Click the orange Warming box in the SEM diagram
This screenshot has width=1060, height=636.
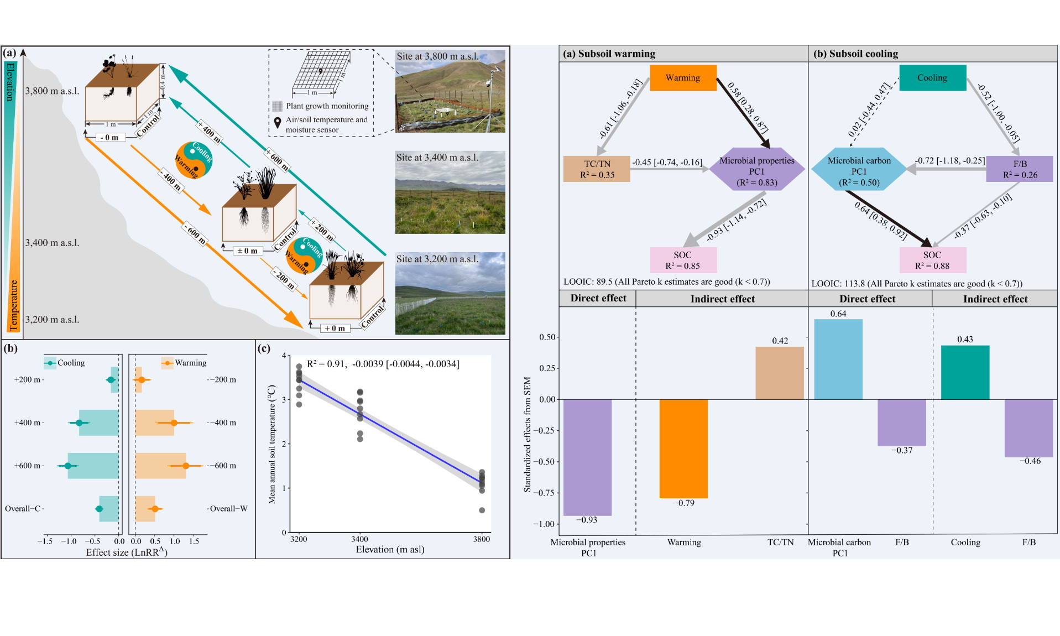coord(683,78)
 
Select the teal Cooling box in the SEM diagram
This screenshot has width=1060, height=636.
coord(932,78)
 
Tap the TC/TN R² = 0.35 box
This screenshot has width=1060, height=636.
coord(597,169)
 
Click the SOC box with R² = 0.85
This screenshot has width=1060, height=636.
coord(683,260)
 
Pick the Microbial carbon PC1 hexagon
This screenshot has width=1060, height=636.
coord(859,169)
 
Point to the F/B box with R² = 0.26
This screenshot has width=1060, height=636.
coord(1020,169)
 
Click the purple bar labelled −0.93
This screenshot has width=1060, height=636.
coord(587,457)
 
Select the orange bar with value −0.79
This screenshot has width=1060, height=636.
coord(683,448)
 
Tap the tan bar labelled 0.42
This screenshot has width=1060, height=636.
coord(780,373)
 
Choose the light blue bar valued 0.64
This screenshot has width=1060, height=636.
coord(838,359)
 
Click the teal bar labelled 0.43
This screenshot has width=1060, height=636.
coord(965,372)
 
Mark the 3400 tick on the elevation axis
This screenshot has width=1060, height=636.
coord(359,539)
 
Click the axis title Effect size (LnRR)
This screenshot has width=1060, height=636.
coord(126,552)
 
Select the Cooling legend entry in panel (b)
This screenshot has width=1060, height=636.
coord(65,363)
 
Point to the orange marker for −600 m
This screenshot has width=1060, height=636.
coord(186,466)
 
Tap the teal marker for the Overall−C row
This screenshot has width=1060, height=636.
coord(100,509)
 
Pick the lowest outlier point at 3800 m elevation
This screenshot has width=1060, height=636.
coord(482,510)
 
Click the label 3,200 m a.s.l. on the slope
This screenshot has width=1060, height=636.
coord(52,320)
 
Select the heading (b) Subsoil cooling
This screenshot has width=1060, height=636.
coord(855,54)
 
